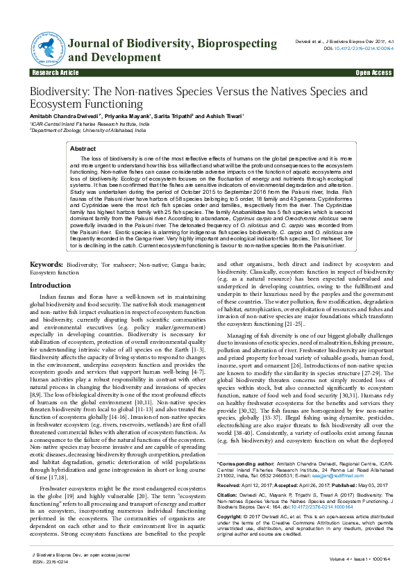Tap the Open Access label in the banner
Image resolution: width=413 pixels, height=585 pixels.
(373, 72)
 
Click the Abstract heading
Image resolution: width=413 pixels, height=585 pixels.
(83, 149)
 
